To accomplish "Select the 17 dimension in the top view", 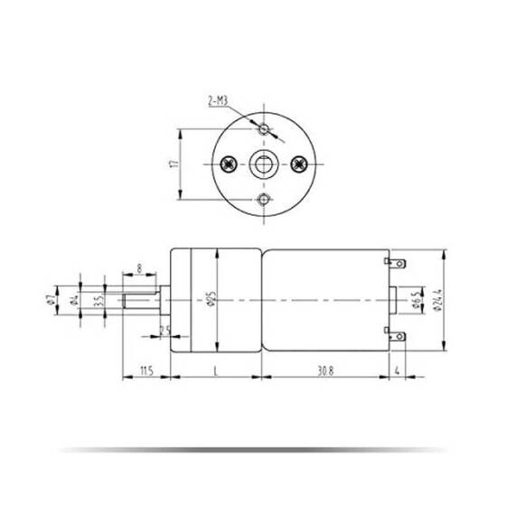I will (173, 164).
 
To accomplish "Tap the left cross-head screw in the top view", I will (229, 164).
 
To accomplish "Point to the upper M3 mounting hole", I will (264, 130).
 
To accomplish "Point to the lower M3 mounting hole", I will (264, 199).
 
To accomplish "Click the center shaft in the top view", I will (264, 164).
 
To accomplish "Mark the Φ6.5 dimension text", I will (414, 299).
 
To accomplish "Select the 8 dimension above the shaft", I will (138, 267).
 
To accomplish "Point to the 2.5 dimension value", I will (164, 331).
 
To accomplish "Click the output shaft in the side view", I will (142, 299).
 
